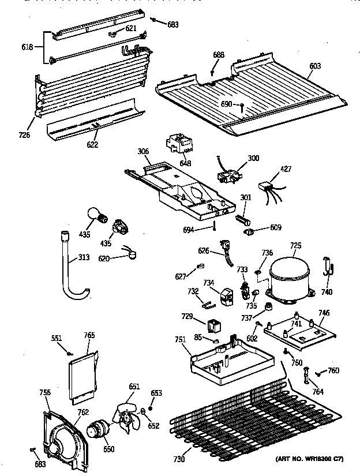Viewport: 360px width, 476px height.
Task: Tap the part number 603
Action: click(x=314, y=67)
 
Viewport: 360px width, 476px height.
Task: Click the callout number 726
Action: click(x=24, y=136)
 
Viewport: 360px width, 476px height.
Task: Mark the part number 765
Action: click(x=89, y=335)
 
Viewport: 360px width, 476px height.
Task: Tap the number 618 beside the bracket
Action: click(x=27, y=48)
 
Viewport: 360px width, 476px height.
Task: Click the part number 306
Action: click(x=144, y=151)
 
